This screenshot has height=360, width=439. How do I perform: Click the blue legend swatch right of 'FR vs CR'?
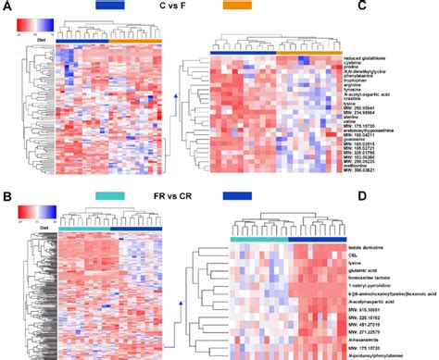click(238, 196)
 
